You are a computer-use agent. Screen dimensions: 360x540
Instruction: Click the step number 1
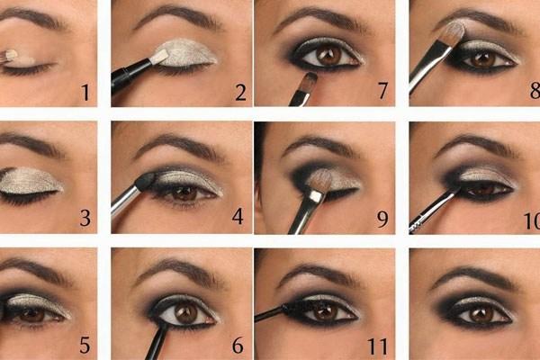click(x=85, y=91)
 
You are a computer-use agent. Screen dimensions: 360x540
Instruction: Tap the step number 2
click(x=240, y=91)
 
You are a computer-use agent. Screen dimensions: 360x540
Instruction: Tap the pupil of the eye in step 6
click(x=187, y=312)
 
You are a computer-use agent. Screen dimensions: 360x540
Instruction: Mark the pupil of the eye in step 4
click(x=184, y=193)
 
